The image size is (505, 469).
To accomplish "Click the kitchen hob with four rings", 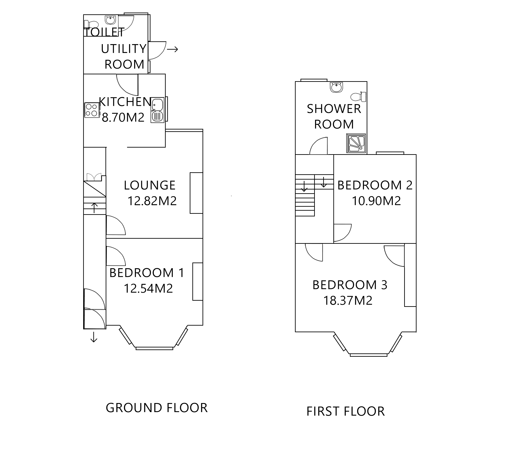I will click(92, 110).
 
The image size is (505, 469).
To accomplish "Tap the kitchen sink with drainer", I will click(157, 110).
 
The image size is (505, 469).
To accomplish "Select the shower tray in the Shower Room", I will click(356, 144).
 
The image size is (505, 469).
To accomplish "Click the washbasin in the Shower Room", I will click(336, 87).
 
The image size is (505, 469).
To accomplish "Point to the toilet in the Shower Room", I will click(358, 97).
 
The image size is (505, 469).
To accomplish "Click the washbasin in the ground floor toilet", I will click(110, 20).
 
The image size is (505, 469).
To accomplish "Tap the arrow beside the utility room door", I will click(172, 49).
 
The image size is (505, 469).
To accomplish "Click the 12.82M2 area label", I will click(152, 201).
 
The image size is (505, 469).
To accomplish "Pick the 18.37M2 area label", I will click(348, 301).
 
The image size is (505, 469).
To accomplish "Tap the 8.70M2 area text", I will click(123, 118).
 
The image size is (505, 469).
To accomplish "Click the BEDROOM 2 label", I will click(375, 185).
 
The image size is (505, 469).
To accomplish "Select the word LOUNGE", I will click(149, 185).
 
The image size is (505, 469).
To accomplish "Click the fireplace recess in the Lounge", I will click(196, 193).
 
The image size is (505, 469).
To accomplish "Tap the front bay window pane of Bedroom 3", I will click(368, 355).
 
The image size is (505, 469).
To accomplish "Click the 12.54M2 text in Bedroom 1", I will click(148, 289).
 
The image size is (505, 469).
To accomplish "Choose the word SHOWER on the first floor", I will click(334, 109).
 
